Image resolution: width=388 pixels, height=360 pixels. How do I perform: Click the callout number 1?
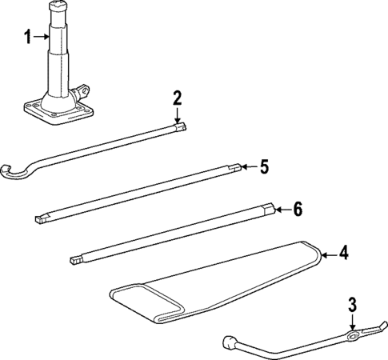(28, 37)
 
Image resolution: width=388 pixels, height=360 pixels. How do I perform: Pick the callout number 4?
(344, 254)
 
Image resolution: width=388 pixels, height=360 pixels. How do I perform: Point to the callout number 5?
(264, 167)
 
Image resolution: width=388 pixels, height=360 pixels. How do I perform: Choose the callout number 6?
(298, 210)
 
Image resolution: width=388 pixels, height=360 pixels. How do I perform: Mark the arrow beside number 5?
(247, 167)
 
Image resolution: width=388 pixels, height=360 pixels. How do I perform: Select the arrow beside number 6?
(281, 210)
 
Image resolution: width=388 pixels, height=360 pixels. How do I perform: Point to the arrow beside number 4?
(326, 254)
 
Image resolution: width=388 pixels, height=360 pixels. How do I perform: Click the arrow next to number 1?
(43, 37)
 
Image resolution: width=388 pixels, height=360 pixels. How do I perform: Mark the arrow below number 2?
(178, 116)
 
